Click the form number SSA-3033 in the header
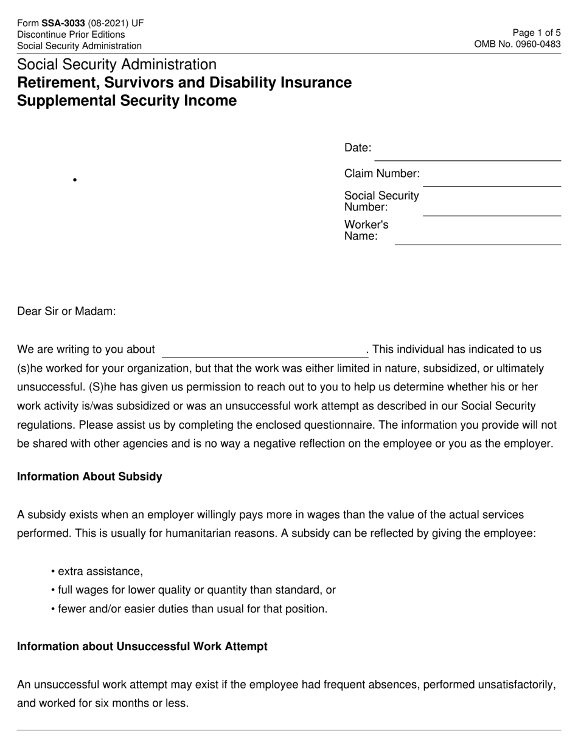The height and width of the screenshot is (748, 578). click(x=63, y=24)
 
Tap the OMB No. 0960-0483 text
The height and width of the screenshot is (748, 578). click(x=517, y=44)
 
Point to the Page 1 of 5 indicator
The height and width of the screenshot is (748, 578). click(x=537, y=33)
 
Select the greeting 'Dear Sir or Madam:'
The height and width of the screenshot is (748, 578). click(x=66, y=311)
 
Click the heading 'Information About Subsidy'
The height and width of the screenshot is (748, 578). click(x=89, y=477)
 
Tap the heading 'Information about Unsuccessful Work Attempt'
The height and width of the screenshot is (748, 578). click(x=142, y=646)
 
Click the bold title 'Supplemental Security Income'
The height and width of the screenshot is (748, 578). click(x=127, y=101)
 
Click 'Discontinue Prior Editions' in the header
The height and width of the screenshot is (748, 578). click(x=71, y=35)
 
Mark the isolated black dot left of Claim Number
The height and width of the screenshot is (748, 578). click(x=74, y=180)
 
